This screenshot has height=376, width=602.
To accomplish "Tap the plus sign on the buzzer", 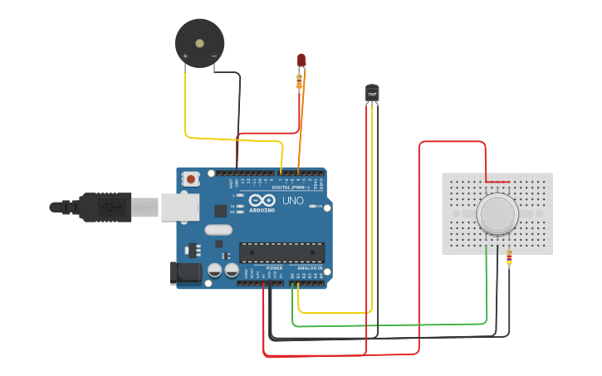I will (185, 56).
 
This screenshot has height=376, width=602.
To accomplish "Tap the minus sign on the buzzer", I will (213, 56).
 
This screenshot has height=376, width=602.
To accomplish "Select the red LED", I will (301, 61).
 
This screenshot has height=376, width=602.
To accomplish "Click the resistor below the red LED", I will (300, 80).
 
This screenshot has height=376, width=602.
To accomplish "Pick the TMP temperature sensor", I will (372, 93).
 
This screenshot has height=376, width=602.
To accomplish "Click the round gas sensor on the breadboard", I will (497, 214).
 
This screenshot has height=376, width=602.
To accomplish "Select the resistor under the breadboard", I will (508, 260).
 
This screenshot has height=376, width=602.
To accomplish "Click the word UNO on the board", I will (293, 202).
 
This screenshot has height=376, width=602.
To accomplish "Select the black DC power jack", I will (184, 272).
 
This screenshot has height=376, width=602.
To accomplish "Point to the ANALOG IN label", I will (309, 268).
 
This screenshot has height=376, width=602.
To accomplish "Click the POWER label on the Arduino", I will (274, 268).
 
